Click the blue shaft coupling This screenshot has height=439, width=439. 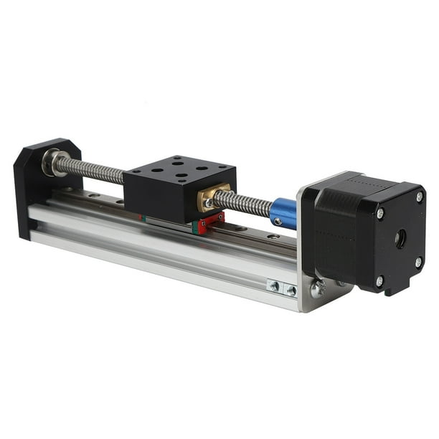283,213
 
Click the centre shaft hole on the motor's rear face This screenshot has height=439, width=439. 400,239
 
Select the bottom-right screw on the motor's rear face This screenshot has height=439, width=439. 417,263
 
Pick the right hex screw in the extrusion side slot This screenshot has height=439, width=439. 291,291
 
